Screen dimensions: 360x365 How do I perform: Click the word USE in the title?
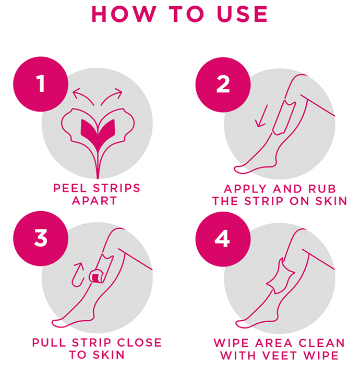point(242,14)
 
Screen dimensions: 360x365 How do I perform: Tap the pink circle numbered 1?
point(41,84)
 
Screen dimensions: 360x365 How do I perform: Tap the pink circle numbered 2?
point(223,84)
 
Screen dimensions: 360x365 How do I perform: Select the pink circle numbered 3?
point(41,238)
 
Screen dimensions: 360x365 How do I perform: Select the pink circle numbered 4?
point(223,239)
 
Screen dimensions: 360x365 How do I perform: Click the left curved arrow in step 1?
point(82,95)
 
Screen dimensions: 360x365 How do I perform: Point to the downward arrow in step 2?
point(262,116)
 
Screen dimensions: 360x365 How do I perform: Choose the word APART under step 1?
point(94,201)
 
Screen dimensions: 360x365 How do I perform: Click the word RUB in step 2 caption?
point(322,189)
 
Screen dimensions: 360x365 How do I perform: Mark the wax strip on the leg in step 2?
point(284,118)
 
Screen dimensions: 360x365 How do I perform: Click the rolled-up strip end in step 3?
point(97,276)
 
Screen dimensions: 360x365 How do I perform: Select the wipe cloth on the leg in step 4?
point(281,276)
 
